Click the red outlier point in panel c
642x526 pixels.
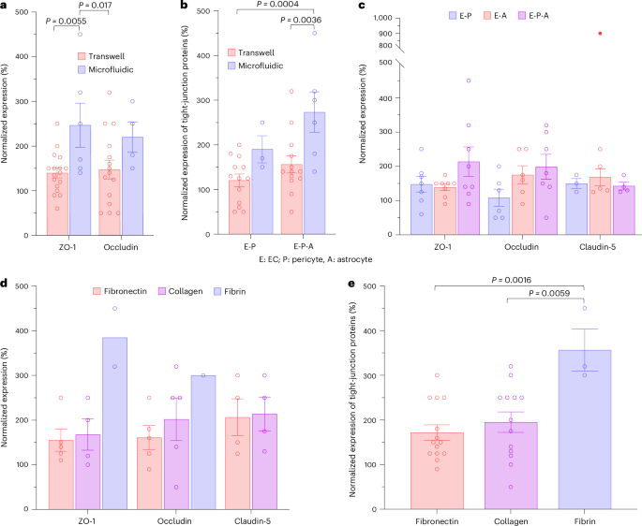tap(601, 34)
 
